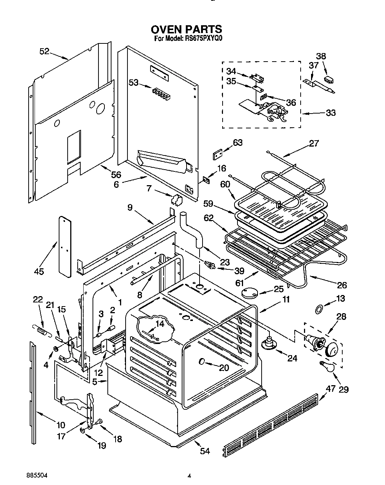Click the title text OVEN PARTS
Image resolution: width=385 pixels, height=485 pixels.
(186, 29)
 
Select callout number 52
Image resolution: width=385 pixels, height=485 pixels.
(44, 52)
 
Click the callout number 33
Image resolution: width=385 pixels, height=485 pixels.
(330, 112)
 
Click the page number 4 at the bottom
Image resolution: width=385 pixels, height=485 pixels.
(190, 475)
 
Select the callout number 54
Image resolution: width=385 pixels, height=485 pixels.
(205, 451)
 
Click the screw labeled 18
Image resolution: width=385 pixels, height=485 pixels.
(100, 422)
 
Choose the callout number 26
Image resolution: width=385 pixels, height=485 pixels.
(342, 285)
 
